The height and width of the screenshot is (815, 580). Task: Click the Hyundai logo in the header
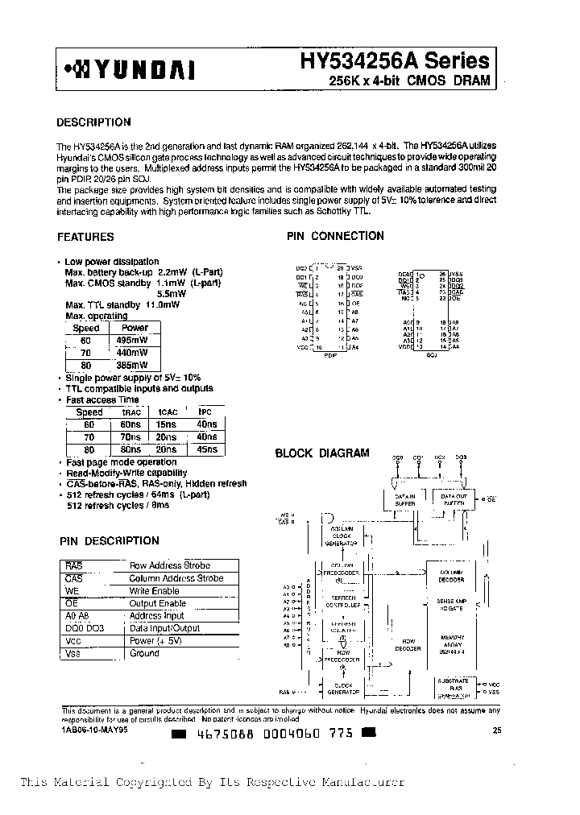129,70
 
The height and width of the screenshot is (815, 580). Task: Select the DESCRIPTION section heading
93,122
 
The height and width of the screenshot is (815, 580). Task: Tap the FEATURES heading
85,237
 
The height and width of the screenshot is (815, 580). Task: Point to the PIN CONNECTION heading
335,236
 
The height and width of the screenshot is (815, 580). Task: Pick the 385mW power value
135,364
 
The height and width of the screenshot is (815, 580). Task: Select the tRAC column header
130,412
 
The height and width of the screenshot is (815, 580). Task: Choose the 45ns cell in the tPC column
206,449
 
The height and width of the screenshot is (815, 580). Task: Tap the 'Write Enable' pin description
155,590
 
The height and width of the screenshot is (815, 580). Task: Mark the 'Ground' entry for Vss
144,653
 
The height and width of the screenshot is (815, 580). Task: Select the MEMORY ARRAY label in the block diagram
451,641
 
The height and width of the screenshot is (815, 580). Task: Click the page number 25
495,730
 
